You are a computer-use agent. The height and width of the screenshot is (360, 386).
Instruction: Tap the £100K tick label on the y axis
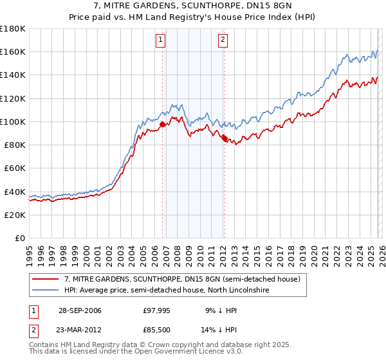pos(13,122)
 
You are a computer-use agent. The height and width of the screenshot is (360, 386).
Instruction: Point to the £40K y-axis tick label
pos(15,192)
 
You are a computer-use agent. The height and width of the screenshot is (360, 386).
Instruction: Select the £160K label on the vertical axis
pos(13,51)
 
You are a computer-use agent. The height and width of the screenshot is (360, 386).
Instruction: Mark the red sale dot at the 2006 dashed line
pos(162,125)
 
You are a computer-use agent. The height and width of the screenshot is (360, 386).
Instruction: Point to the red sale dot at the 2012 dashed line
pos(225,138)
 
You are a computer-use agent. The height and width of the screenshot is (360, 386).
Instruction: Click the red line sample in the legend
pos(46,279)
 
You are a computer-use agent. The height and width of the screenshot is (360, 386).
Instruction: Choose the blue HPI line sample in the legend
pos(46,291)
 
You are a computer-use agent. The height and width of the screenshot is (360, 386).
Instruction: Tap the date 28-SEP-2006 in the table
pos(80,310)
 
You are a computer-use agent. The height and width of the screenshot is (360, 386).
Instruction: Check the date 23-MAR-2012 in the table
pos(80,330)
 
